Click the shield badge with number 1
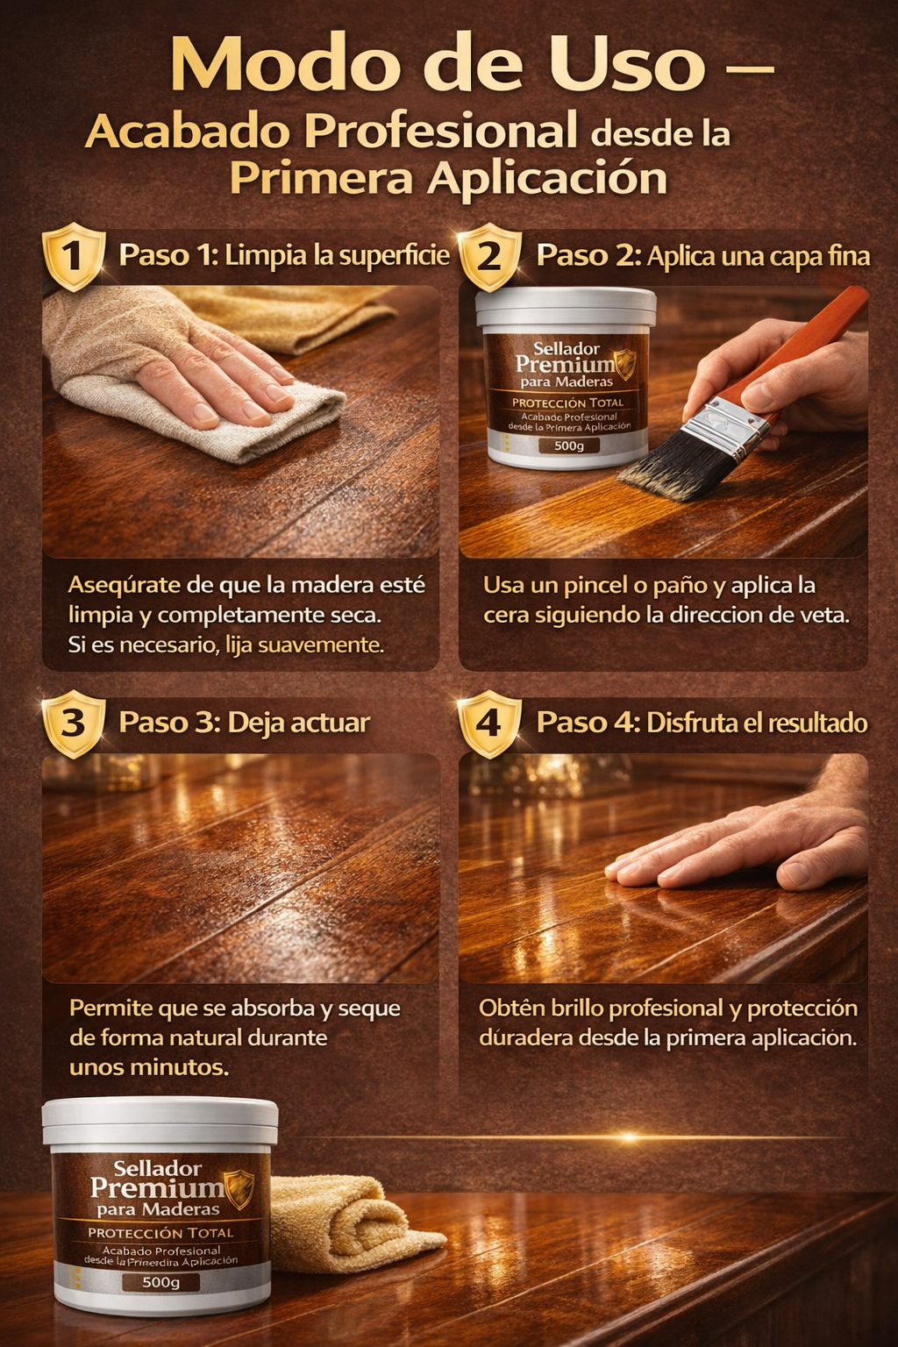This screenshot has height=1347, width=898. pyautogui.click(x=74, y=257)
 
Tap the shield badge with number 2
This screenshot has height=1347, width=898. pyautogui.click(x=490, y=257)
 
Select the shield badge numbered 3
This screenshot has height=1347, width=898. pyautogui.click(x=74, y=723)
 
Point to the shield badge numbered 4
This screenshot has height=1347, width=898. pyautogui.click(x=490, y=723)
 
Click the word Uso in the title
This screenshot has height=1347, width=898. pyautogui.click(x=625, y=64)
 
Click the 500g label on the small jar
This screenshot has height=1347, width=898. pyautogui.click(x=569, y=445)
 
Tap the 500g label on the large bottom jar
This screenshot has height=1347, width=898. pyautogui.click(x=160, y=1282)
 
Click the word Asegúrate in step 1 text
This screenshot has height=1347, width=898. pyautogui.click(x=124, y=585)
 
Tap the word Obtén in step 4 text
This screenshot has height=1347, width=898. pyautogui.click(x=505, y=1008)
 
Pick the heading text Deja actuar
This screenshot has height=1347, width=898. pyautogui.click(x=298, y=723)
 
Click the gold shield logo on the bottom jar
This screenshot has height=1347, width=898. pyautogui.click(x=239, y=1189)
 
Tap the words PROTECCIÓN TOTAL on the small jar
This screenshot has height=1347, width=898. pyautogui.click(x=567, y=403)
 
